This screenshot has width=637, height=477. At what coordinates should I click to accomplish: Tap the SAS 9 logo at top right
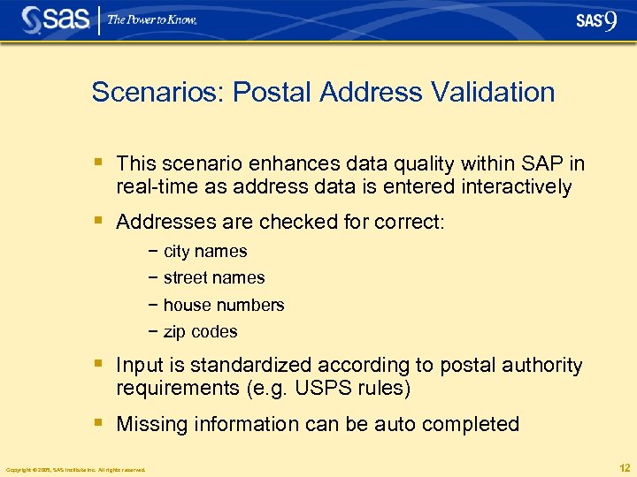point(595,20)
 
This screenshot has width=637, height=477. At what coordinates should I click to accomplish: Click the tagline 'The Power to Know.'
point(152,19)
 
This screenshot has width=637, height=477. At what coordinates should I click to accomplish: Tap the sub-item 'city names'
point(205,251)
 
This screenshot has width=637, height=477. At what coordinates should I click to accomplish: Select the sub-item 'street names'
point(214,277)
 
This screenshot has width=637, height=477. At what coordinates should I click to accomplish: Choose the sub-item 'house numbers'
point(224,305)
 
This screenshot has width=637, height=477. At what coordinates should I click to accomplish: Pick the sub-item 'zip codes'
point(201,332)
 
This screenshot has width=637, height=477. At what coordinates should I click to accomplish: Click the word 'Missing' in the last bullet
point(152,424)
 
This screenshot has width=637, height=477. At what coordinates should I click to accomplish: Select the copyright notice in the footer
point(75,470)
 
